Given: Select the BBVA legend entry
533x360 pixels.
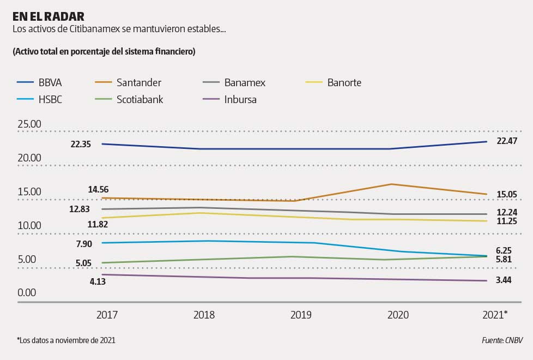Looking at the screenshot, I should click(x=50, y=83).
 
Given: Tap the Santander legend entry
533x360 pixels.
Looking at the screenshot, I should click(x=138, y=83).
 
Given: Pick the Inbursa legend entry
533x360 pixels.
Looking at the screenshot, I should click(x=240, y=99).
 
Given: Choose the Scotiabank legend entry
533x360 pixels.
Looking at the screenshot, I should click(x=140, y=99).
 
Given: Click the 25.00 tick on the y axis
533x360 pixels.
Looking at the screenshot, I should click(x=29, y=124).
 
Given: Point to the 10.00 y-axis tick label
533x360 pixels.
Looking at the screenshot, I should click(x=29, y=225).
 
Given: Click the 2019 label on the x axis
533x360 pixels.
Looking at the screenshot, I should click(x=301, y=315).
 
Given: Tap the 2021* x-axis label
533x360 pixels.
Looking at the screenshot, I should click(x=494, y=315).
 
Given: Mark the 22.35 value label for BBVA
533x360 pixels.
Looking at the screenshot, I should click(x=81, y=144).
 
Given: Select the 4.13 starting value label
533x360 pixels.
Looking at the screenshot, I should click(x=82, y=281).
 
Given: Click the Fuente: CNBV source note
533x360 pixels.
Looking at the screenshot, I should click(x=502, y=340).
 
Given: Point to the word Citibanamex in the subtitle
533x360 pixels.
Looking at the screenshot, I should click(x=93, y=28).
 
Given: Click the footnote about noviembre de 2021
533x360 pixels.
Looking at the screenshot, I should click(x=66, y=340).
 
